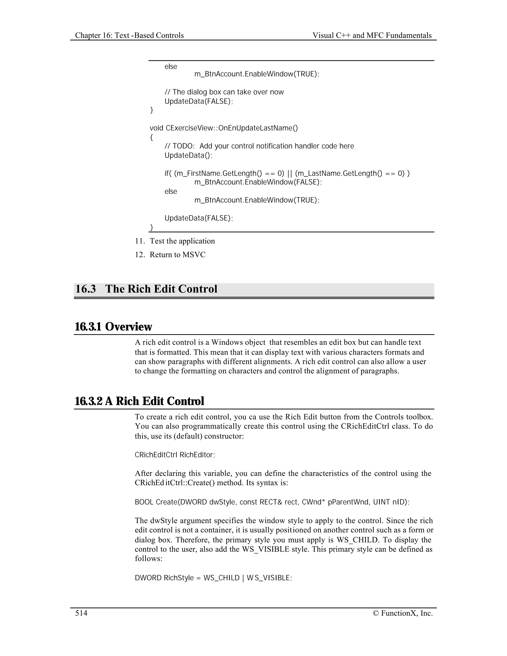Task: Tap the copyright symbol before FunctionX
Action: (376, 613)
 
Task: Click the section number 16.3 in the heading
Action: (86, 289)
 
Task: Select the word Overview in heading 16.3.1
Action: (128, 327)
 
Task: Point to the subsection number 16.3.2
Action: (89, 401)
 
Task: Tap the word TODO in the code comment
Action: (183, 146)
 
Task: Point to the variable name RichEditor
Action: (197, 455)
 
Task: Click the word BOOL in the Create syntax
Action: (144, 502)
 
